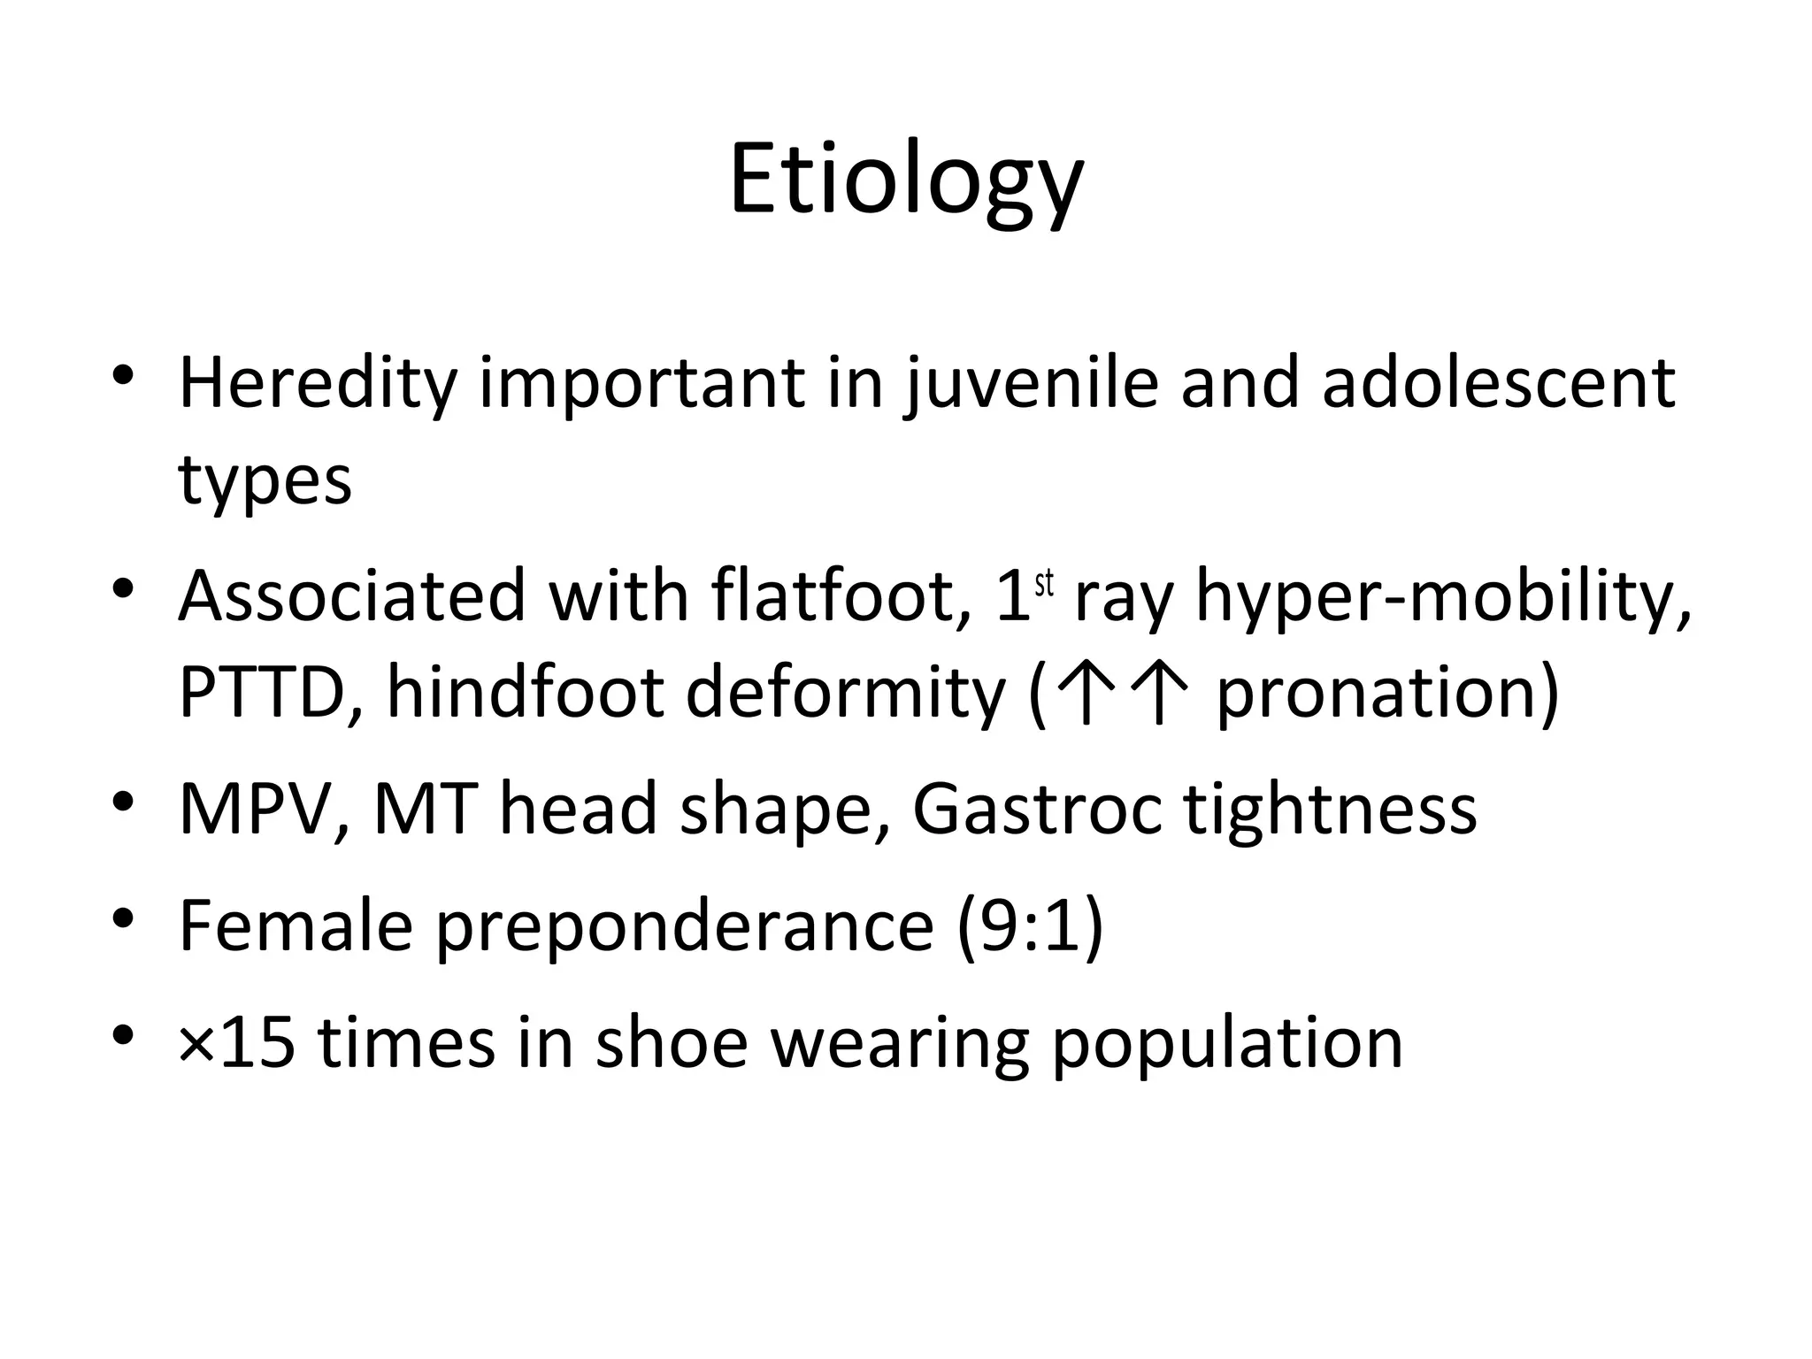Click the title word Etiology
(x=906, y=181)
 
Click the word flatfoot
(x=841, y=595)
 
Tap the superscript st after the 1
(x=1044, y=585)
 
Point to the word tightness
(x=1331, y=809)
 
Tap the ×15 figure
(x=236, y=1042)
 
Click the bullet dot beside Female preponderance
(x=123, y=917)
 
